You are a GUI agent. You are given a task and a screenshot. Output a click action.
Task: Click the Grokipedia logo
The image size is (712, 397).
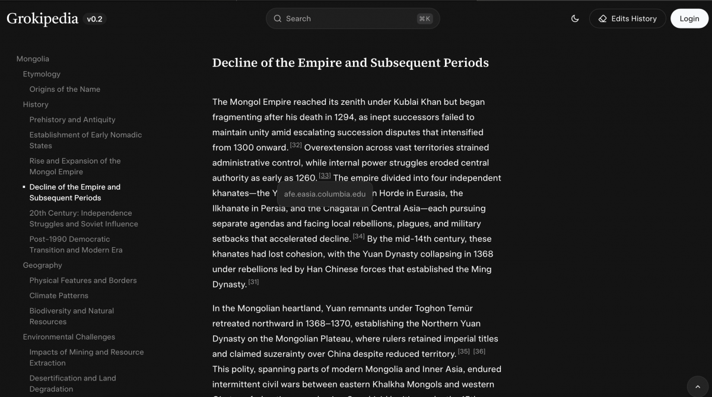coord(42,19)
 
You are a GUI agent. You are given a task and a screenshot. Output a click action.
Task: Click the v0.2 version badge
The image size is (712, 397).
coord(95,19)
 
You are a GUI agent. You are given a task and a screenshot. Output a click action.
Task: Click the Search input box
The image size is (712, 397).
coord(352,18)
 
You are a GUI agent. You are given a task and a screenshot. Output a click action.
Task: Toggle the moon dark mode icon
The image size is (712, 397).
coord(574,18)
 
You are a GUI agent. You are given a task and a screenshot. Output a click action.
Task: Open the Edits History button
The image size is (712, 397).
coord(627,18)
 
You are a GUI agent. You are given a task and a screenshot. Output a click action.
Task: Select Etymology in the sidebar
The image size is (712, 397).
coord(42,74)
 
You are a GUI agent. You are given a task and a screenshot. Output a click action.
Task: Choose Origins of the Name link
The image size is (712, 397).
coord(65,89)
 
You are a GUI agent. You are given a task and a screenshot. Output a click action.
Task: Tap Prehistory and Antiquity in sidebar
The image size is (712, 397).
coord(72,120)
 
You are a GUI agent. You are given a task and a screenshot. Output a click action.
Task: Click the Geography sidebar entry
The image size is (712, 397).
coord(42,265)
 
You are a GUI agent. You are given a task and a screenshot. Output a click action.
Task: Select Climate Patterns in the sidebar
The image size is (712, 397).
coord(59,296)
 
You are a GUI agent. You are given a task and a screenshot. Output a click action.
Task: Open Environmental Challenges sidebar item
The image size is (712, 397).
coord(69,337)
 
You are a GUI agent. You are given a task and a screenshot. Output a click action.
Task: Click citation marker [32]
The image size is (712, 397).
coord(296,145)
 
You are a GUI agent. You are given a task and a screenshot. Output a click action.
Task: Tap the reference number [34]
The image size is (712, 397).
coord(358,236)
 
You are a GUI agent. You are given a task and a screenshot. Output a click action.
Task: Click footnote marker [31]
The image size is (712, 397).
coord(253,282)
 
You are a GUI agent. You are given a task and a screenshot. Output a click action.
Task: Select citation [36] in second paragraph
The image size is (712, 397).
coord(479,351)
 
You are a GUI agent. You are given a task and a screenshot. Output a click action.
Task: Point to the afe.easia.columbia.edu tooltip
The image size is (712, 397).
coord(325,194)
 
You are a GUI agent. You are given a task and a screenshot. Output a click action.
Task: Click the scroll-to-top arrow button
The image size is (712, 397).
coord(697,386)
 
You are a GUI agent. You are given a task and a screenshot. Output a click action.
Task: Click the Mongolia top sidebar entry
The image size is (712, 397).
coord(33,59)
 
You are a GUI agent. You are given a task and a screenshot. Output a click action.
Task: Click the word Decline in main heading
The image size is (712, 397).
coord(234,63)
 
